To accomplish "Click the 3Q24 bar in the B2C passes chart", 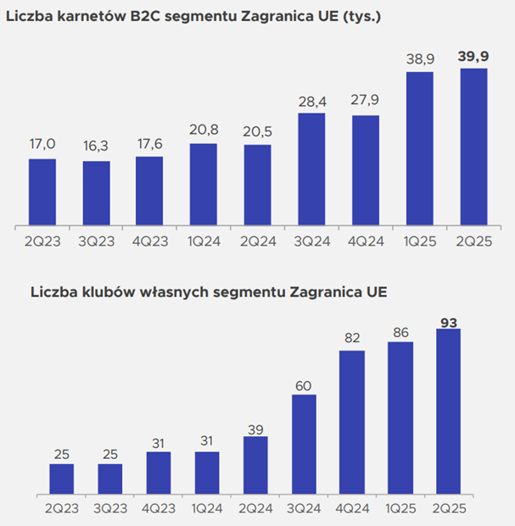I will (311, 169).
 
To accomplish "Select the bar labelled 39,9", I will (473, 147).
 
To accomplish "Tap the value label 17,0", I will (42, 145).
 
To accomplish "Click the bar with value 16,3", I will (96, 194).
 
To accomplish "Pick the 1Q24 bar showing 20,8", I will (204, 185).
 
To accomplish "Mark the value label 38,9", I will (419, 58).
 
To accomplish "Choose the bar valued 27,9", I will (365, 171).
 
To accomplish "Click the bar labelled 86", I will (400, 418).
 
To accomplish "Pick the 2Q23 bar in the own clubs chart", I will (61, 479).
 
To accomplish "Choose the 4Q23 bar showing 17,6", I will (149, 192).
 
